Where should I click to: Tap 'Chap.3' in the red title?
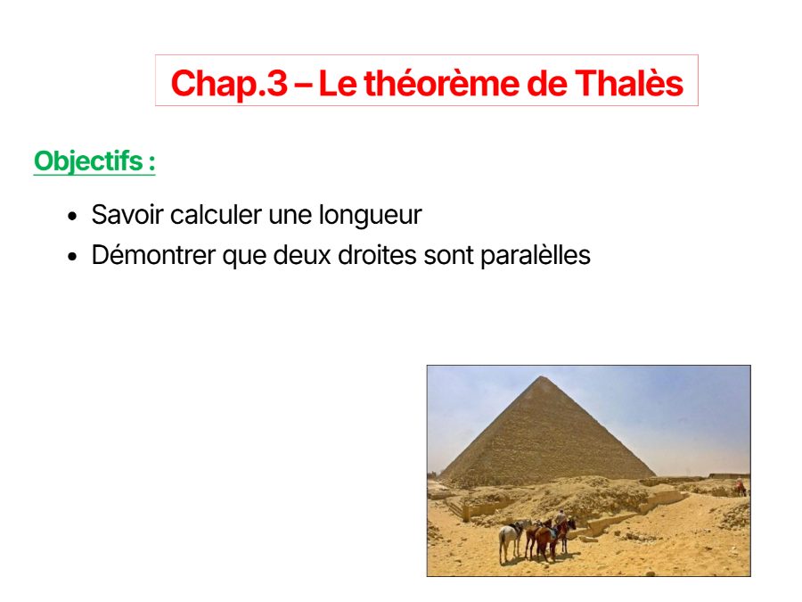[229, 84]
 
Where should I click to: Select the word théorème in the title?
[441, 82]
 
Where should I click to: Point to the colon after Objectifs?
[151, 163]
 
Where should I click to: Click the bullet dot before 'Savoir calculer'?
[72, 216]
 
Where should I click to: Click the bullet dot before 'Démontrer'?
[72, 256]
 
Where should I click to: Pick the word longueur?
[371, 216]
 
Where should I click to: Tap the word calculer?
[216, 214]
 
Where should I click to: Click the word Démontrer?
[153, 255]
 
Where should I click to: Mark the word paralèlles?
[535, 255]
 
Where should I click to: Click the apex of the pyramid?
[543, 376]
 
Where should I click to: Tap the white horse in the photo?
[510, 539]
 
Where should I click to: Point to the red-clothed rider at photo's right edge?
[740, 485]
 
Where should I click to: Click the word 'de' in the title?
[547, 83]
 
